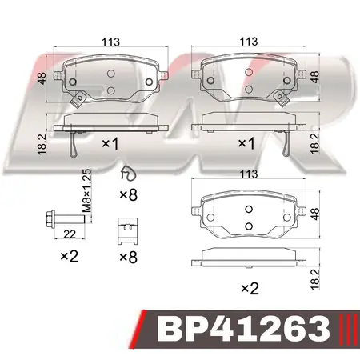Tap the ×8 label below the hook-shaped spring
click(128, 194)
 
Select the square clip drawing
click(126, 230)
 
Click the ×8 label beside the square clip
click(128, 258)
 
